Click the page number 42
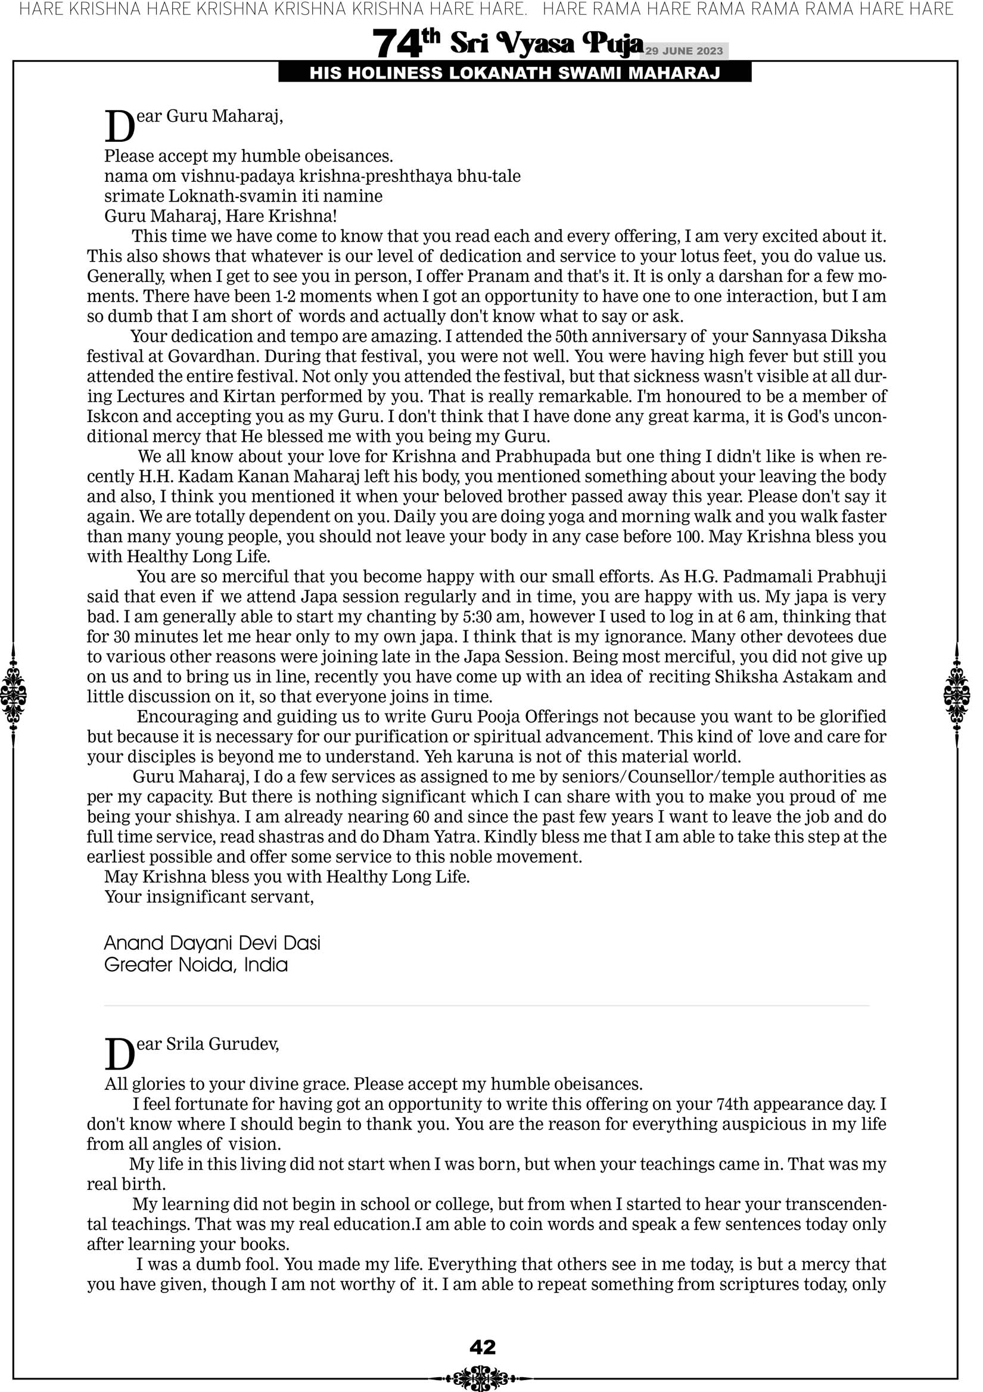483,1347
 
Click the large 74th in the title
406,44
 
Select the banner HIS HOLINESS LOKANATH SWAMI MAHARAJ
515,73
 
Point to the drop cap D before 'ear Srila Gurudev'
119,1055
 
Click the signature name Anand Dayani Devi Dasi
212,943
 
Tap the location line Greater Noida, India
196,965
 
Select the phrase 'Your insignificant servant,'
209,897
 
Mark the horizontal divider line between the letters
487,1006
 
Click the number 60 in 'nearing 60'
421,817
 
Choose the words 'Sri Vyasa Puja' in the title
546,44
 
